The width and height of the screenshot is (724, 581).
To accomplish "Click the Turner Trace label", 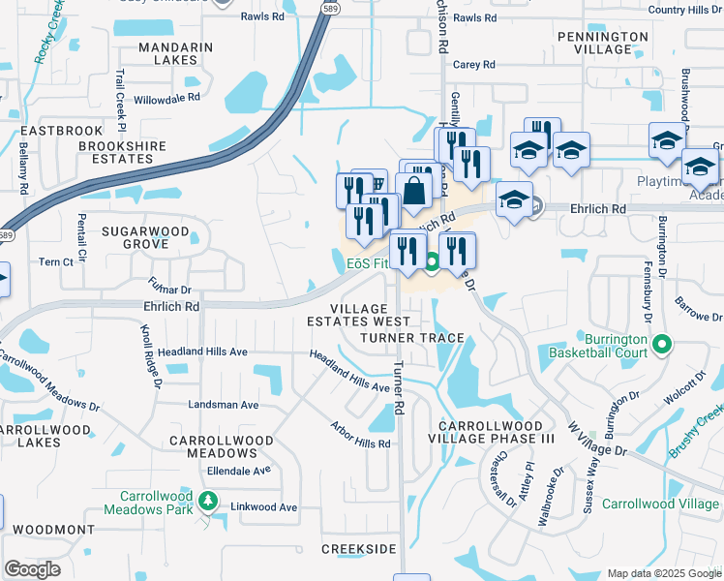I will [412, 338].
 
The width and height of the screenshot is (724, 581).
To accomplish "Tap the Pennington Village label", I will [602, 43].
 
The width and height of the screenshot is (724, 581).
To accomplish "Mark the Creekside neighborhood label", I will [359, 549].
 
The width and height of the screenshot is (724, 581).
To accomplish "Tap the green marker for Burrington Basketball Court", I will [662, 344].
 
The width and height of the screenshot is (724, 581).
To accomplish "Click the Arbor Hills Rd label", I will [360, 435].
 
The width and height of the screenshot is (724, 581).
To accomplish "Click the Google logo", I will [32, 569].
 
